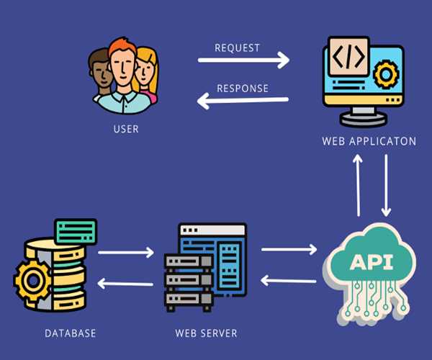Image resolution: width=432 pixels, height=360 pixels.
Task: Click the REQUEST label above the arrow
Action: tap(237, 48)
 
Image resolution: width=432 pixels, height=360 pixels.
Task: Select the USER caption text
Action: tap(125, 130)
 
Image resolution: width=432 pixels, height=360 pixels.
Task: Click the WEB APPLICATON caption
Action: tap(369, 141)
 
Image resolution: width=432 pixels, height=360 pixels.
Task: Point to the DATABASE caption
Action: tap(70, 333)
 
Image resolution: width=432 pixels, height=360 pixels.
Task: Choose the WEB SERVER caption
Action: tap(206, 333)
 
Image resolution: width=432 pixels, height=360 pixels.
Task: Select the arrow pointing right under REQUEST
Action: tap(244, 60)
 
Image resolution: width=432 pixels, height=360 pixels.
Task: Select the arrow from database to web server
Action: tap(126, 252)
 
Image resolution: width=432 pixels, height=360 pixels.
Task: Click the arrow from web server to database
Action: tap(125, 283)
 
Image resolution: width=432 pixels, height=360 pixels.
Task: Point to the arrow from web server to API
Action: tap(288, 250)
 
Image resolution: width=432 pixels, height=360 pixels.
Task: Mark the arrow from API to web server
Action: tap(288, 279)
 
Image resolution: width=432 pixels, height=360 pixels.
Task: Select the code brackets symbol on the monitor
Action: tap(348, 55)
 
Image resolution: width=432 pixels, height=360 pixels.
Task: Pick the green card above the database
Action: tap(76, 231)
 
